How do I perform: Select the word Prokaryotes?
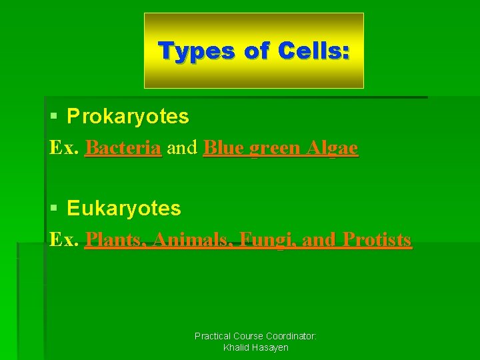tap(128, 117)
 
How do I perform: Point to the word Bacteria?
tap(123, 148)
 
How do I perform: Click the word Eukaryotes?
tap(124, 209)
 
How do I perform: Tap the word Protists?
tap(377, 239)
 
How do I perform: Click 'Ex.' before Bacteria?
tap(65, 148)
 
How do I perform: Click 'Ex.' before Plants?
tap(65, 239)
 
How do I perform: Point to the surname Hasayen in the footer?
tap(271, 348)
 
